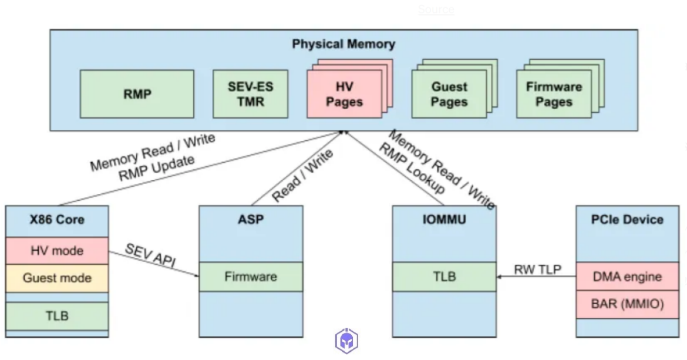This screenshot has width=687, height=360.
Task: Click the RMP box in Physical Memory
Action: [137, 94]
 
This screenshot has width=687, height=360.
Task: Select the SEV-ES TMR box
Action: [251, 94]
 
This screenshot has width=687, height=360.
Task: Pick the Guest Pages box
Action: [449, 95]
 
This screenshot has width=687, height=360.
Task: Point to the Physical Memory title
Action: [343, 44]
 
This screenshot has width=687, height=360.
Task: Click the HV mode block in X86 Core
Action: [57, 251]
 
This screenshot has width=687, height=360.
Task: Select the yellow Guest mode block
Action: [57, 277]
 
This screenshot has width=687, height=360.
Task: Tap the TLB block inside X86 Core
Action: [57, 315]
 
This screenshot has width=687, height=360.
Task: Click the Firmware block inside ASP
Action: [251, 277]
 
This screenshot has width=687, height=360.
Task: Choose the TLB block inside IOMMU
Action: [444, 277]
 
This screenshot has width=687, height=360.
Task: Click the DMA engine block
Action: [627, 277]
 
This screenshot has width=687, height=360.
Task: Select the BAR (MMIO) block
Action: [627, 304]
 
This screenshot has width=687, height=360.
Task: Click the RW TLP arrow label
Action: [537, 270]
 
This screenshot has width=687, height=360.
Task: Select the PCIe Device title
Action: [627, 220]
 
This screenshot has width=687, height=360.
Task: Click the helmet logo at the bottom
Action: [347, 341]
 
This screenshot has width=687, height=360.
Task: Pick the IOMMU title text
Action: [444, 220]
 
